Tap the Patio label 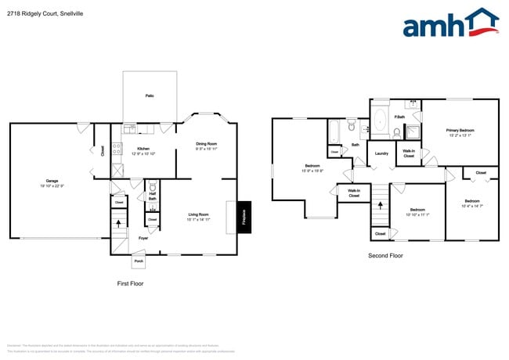[150, 95]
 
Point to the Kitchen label [143, 149]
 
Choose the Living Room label [198, 214]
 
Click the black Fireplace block [243, 217]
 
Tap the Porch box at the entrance [139, 261]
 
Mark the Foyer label [143, 238]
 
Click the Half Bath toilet [153, 188]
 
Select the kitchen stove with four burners [117, 147]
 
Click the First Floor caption [129, 283]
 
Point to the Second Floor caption [385, 255]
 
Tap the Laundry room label [382, 153]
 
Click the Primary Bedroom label [460, 130]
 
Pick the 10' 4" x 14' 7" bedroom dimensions [472, 205]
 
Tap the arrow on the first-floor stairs [119, 225]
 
